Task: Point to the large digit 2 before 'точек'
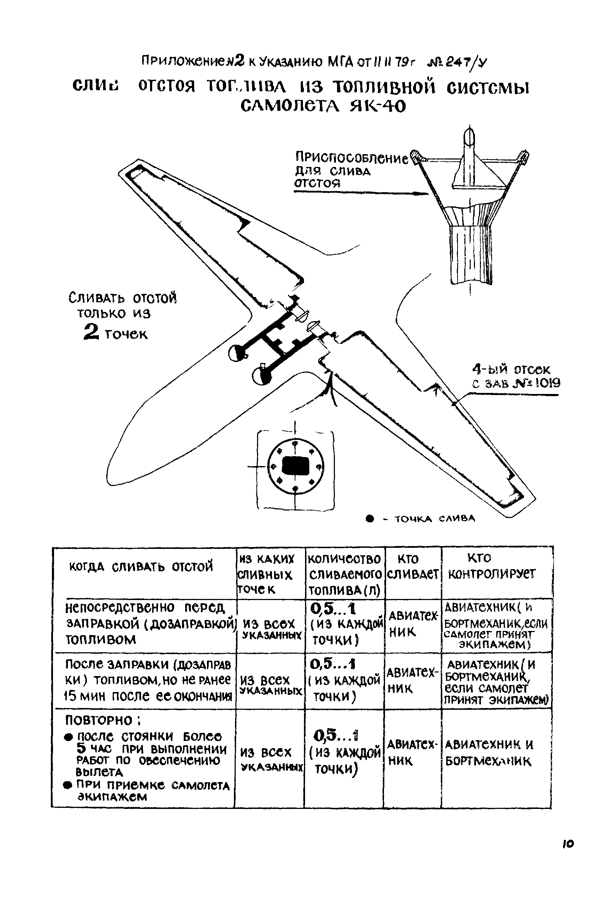coord(91,333)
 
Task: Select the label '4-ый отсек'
coord(511,369)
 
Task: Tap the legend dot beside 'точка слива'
coord(370,519)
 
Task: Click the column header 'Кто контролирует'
coord(491,566)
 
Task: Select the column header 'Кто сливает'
coord(412,567)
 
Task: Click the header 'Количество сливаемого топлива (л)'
coord(344,574)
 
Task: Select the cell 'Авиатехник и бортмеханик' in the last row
coord(490,752)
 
